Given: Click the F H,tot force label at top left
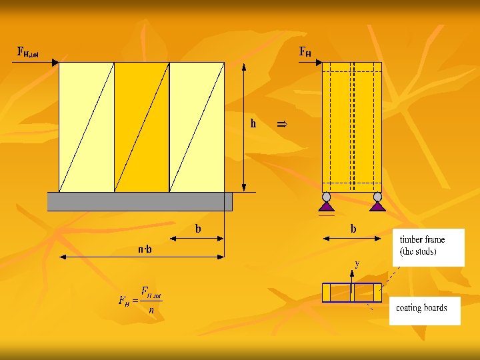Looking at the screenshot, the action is [x=27, y=51].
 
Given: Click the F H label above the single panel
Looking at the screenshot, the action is [x=305, y=51].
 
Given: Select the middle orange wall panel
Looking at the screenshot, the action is [x=141, y=127].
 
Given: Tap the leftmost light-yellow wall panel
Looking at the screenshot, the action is [x=87, y=127].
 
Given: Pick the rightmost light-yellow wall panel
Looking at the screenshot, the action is [x=197, y=127].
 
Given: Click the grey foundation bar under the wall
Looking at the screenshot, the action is [x=139, y=201].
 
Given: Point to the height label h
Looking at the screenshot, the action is [x=253, y=123].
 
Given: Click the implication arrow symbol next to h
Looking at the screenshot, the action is [x=281, y=123].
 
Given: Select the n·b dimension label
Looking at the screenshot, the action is [x=145, y=250].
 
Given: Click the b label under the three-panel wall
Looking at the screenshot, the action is [x=198, y=229].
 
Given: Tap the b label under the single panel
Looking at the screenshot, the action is [x=353, y=229].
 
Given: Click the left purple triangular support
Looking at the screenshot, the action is [x=326, y=207].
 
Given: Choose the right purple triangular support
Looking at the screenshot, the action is [x=378, y=207].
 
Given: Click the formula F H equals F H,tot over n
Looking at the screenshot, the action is [x=141, y=301].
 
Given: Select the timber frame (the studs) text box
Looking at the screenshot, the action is [x=427, y=247].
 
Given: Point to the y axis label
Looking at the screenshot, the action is [x=357, y=263].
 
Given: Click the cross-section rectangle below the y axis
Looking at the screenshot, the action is [x=352, y=293].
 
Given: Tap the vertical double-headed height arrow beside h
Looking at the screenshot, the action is [x=244, y=127].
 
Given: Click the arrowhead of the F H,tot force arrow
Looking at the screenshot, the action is [x=55, y=63].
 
